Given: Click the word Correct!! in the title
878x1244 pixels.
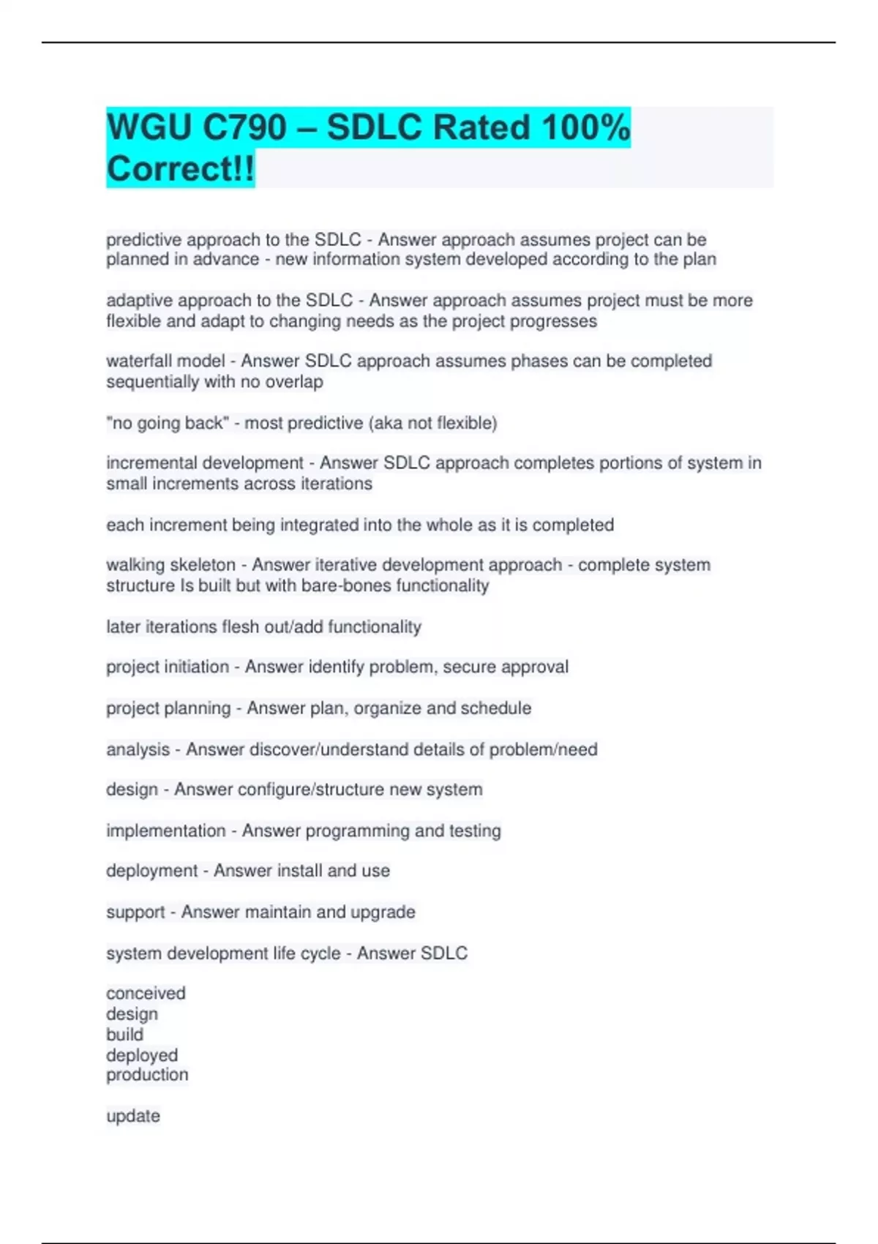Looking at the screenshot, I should (181, 169).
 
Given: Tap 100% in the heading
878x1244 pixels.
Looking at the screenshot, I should (585, 127).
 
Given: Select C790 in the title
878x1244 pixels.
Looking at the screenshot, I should (244, 127).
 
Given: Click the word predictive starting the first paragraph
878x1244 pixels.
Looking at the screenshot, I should (143, 240).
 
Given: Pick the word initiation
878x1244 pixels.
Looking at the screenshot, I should (198, 667).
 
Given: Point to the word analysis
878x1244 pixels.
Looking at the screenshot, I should (138, 749).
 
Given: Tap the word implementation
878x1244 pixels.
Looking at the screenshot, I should (166, 831).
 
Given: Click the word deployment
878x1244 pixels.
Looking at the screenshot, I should (151, 871).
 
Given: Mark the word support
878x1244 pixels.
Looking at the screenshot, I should (135, 913).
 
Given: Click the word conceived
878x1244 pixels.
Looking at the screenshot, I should (146, 994).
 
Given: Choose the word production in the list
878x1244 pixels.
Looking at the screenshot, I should (147, 1075).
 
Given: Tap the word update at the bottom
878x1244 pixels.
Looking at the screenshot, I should (133, 1116).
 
